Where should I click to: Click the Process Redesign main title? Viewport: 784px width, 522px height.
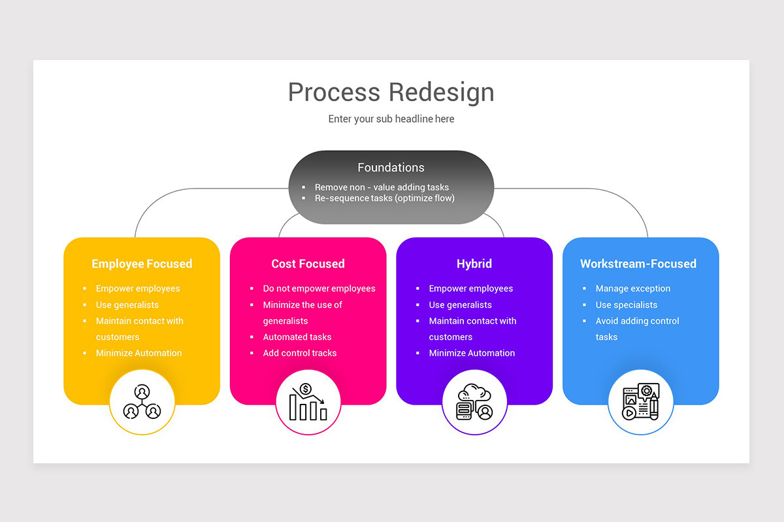click(391, 92)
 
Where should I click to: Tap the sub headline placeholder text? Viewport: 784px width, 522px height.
click(391, 119)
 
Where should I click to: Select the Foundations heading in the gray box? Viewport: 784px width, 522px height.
click(391, 168)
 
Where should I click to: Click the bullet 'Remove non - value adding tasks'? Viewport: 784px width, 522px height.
click(382, 187)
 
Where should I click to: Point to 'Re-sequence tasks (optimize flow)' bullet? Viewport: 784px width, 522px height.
click(384, 198)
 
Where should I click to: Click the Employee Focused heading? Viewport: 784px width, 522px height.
click(142, 264)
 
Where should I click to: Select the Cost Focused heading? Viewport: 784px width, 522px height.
click(308, 264)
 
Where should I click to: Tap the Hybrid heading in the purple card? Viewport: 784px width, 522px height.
click(474, 264)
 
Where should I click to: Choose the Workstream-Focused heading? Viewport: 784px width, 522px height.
click(638, 264)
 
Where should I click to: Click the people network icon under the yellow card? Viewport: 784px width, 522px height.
click(142, 402)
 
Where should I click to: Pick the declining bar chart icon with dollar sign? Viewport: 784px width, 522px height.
click(308, 402)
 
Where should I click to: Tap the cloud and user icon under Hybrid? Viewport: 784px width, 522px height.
click(474, 402)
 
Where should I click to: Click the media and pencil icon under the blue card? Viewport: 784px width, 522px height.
click(640, 402)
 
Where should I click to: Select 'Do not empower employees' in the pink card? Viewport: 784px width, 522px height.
click(319, 288)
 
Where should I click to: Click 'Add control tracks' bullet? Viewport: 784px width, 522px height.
click(299, 353)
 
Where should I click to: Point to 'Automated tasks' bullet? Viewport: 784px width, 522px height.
click(297, 337)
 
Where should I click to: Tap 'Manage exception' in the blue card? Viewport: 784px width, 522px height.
click(632, 288)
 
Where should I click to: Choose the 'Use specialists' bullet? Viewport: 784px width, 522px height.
click(626, 305)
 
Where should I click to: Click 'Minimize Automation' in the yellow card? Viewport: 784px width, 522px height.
click(139, 353)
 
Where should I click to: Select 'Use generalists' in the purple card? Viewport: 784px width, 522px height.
click(460, 305)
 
